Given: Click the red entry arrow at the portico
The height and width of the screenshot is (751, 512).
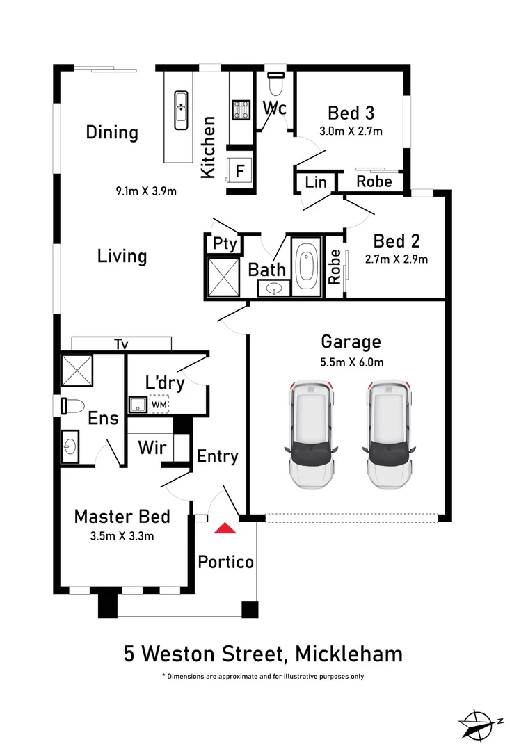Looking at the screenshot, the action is pyautogui.click(x=225, y=528).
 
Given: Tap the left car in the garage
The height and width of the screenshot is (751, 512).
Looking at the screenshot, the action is pyautogui.click(x=310, y=434).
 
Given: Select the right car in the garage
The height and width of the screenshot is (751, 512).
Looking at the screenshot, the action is pyautogui.click(x=388, y=434).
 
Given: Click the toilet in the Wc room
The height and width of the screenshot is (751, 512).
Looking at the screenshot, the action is pyautogui.click(x=275, y=84).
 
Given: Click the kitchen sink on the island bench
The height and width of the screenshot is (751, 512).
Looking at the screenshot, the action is pyautogui.click(x=181, y=110).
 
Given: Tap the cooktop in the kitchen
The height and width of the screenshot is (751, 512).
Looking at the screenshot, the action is pyautogui.click(x=241, y=109).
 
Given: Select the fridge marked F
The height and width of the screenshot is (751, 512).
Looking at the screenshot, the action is pyautogui.click(x=239, y=170).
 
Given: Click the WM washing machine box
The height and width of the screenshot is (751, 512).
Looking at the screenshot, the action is pyautogui.click(x=159, y=404).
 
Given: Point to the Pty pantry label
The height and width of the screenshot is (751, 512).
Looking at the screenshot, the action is pyautogui.click(x=225, y=243).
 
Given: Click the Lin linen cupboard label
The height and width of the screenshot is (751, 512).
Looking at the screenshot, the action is pyautogui.click(x=316, y=182).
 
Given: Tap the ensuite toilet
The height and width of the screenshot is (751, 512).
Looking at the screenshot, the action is pyautogui.click(x=72, y=405).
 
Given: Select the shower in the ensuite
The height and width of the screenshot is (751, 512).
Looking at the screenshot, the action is pyautogui.click(x=77, y=370).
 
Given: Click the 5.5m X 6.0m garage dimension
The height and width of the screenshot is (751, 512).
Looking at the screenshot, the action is pyautogui.click(x=351, y=362).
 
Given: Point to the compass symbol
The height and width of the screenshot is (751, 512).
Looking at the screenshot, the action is pyautogui.click(x=479, y=723).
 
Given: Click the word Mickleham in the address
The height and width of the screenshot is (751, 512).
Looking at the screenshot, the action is pyautogui.click(x=349, y=654).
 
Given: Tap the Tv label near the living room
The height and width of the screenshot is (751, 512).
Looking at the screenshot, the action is pyautogui.click(x=121, y=344).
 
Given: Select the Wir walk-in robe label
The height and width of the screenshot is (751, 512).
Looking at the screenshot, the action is pyautogui.click(x=152, y=448).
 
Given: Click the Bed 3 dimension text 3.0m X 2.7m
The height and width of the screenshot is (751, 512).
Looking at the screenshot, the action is pyautogui.click(x=351, y=131).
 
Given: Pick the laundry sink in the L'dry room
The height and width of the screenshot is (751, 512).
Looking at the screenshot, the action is pyautogui.click(x=138, y=404).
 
